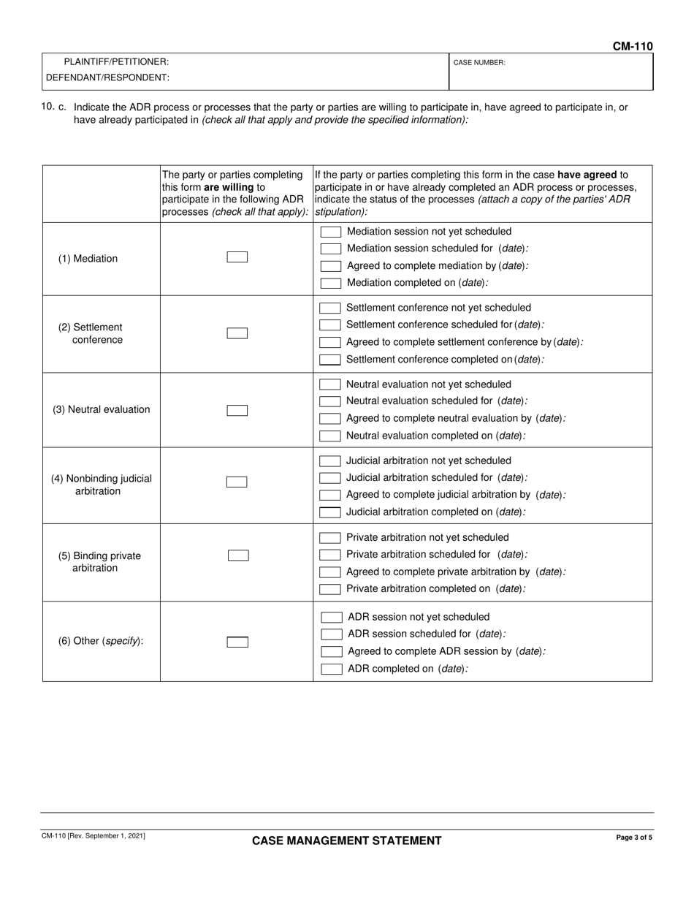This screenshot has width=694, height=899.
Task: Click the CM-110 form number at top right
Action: pos(632,47)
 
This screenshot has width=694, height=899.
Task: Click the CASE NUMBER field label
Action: pos(479,63)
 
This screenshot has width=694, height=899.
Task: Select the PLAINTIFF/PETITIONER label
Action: pos(116,62)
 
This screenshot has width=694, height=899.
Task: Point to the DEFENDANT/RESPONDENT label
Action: pos(107,77)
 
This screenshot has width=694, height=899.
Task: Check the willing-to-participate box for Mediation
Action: pos(237,257)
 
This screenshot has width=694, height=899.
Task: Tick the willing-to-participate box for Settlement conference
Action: pos(237,333)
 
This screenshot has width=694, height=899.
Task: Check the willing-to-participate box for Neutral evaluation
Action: pos(237,410)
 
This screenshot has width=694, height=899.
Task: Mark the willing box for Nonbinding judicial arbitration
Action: pos(237,482)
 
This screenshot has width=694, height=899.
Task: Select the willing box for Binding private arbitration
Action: pos(238,555)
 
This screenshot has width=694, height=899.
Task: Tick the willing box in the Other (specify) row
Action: pos(237,642)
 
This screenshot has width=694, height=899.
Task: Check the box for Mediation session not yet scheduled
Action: pos(331,232)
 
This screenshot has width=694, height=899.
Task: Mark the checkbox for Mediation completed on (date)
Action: pos(331,283)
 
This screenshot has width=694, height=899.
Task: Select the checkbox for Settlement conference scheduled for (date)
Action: pos(330,325)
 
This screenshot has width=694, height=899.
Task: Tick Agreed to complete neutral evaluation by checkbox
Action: pos(330,419)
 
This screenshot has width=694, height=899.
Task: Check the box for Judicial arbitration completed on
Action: pos(330,512)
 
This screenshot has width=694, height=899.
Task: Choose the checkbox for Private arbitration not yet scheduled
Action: pos(330,538)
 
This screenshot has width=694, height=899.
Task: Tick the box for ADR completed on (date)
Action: pos(332,669)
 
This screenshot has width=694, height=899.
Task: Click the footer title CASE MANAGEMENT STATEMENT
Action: pos(346,841)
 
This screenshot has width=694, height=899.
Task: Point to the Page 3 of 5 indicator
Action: pos(634,838)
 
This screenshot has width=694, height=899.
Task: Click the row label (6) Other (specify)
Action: pos(101,641)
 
